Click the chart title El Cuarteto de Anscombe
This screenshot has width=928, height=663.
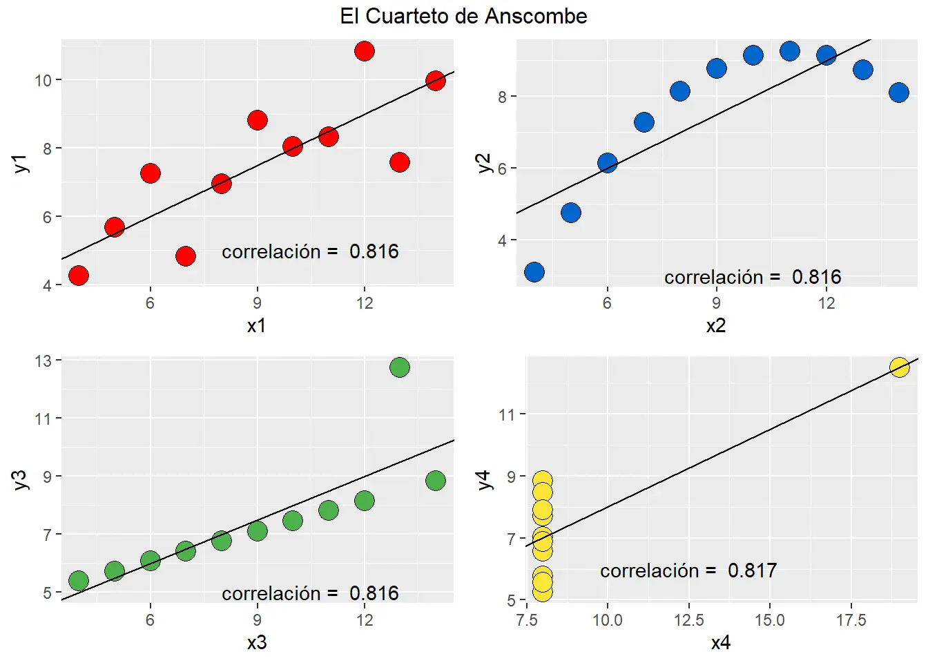tap(463, 16)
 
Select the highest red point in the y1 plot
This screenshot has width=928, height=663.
tap(364, 51)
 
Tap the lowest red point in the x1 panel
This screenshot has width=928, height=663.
tap(79, 276)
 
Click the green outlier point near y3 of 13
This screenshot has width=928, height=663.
tap(399, 367)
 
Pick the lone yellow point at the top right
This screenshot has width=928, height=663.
tap(898, 367)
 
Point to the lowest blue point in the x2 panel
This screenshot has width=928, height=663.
tap(534, 272)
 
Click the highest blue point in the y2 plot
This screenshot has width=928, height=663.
tap(789, 51)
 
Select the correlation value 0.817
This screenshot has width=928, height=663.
tap(752, 570)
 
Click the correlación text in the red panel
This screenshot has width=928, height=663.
tap(271, 251)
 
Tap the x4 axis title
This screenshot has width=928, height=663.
tap(720, 642)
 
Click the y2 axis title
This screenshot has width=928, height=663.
tap(485, 163)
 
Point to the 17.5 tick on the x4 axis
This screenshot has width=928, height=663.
tap(851, 619)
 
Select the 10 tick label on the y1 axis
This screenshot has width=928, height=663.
tap(43, 80)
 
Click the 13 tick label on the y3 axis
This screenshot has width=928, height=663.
tap(43, 361)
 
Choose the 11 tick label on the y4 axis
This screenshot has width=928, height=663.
tap(507, 414)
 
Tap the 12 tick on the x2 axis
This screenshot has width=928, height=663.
tap(826, 302)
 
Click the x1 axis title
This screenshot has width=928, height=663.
tap(256, 325)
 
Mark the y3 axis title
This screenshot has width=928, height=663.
tap(21, 479)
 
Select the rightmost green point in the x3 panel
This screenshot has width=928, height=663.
tap(435, 481)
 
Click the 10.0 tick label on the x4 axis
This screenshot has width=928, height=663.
tap(607, 619)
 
